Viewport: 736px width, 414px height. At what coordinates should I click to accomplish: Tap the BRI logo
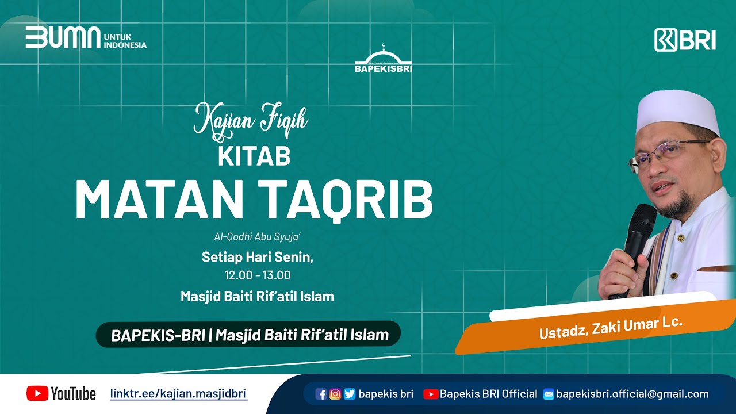pyautogui.click(x=685, y=40)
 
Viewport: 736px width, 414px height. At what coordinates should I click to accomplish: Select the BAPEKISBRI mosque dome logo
pyautogui.click(x=384, y=59)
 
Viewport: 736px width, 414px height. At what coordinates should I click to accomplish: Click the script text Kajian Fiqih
pyautogui.click(x=251, y=119)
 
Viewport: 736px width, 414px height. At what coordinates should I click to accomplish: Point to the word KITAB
pyautogui.click(x=254, y=156)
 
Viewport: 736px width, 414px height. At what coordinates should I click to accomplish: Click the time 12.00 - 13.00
pyautogui.click(x=258, y=275)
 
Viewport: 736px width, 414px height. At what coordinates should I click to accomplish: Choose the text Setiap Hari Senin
pyautogui.click(x=257, y=257)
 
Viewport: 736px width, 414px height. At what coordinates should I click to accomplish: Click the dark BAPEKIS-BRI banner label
pyautogui.click(x=248, y=335)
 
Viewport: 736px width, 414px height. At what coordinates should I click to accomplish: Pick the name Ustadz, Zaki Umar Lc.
pyautogui.click(x=611, y=328)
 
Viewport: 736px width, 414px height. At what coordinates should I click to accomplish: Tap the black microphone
pyautogui.click(x=635, y=241)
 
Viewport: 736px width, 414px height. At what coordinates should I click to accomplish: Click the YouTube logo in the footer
pyautogui.click(x=61, y=393)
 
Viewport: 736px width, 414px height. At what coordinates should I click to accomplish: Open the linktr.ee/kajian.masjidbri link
pyautogui.click(x=178, y=394)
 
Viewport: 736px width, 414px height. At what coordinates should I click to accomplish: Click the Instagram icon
pyautogui.click(x=335, y=394)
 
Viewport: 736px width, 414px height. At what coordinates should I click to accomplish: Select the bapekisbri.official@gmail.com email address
pyautogui.click(x=632, y=394)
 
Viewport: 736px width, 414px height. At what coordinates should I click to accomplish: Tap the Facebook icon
pyautogui.click(x=321, y=394)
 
